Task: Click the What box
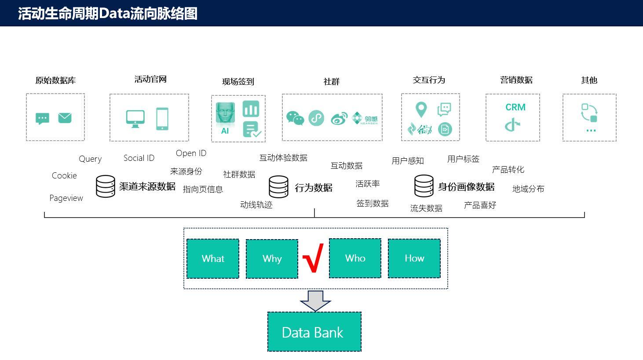(x=213, y=258)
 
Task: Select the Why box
(x=272, y=259)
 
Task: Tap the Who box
(x=355, y=258)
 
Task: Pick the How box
(x=414, y=258)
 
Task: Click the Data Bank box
(x=314, y=331)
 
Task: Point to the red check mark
(x=313, y=258)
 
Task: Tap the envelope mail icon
(x=65, y=118)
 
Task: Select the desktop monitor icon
(x=135, y=119)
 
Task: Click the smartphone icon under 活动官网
(x=162, y=119)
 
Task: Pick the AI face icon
(x=225, y=114)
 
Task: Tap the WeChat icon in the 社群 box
(x=295, y=118)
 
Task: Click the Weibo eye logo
(x=339, y=119)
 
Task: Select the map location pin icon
(x=421, y=109)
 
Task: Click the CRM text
(x=515, y=107)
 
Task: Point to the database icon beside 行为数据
(x=278, y=187)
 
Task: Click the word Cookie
(x=64, y=175)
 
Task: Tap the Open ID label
(x=191, y=153)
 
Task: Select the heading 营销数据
(x=516, y=80)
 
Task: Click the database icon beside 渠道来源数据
(x=106, y=186)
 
